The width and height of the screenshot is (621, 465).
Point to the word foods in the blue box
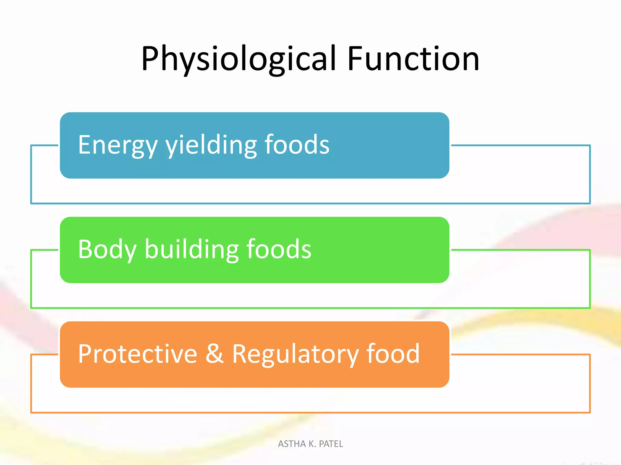297,145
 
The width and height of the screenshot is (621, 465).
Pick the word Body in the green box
107,249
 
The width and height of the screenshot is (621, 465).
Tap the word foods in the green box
279,249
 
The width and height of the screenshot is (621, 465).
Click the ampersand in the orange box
214,354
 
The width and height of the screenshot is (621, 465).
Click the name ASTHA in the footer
292,444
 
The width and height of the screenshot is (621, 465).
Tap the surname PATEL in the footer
331,444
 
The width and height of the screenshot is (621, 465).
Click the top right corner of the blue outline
590,146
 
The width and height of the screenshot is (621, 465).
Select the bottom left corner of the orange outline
31,412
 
